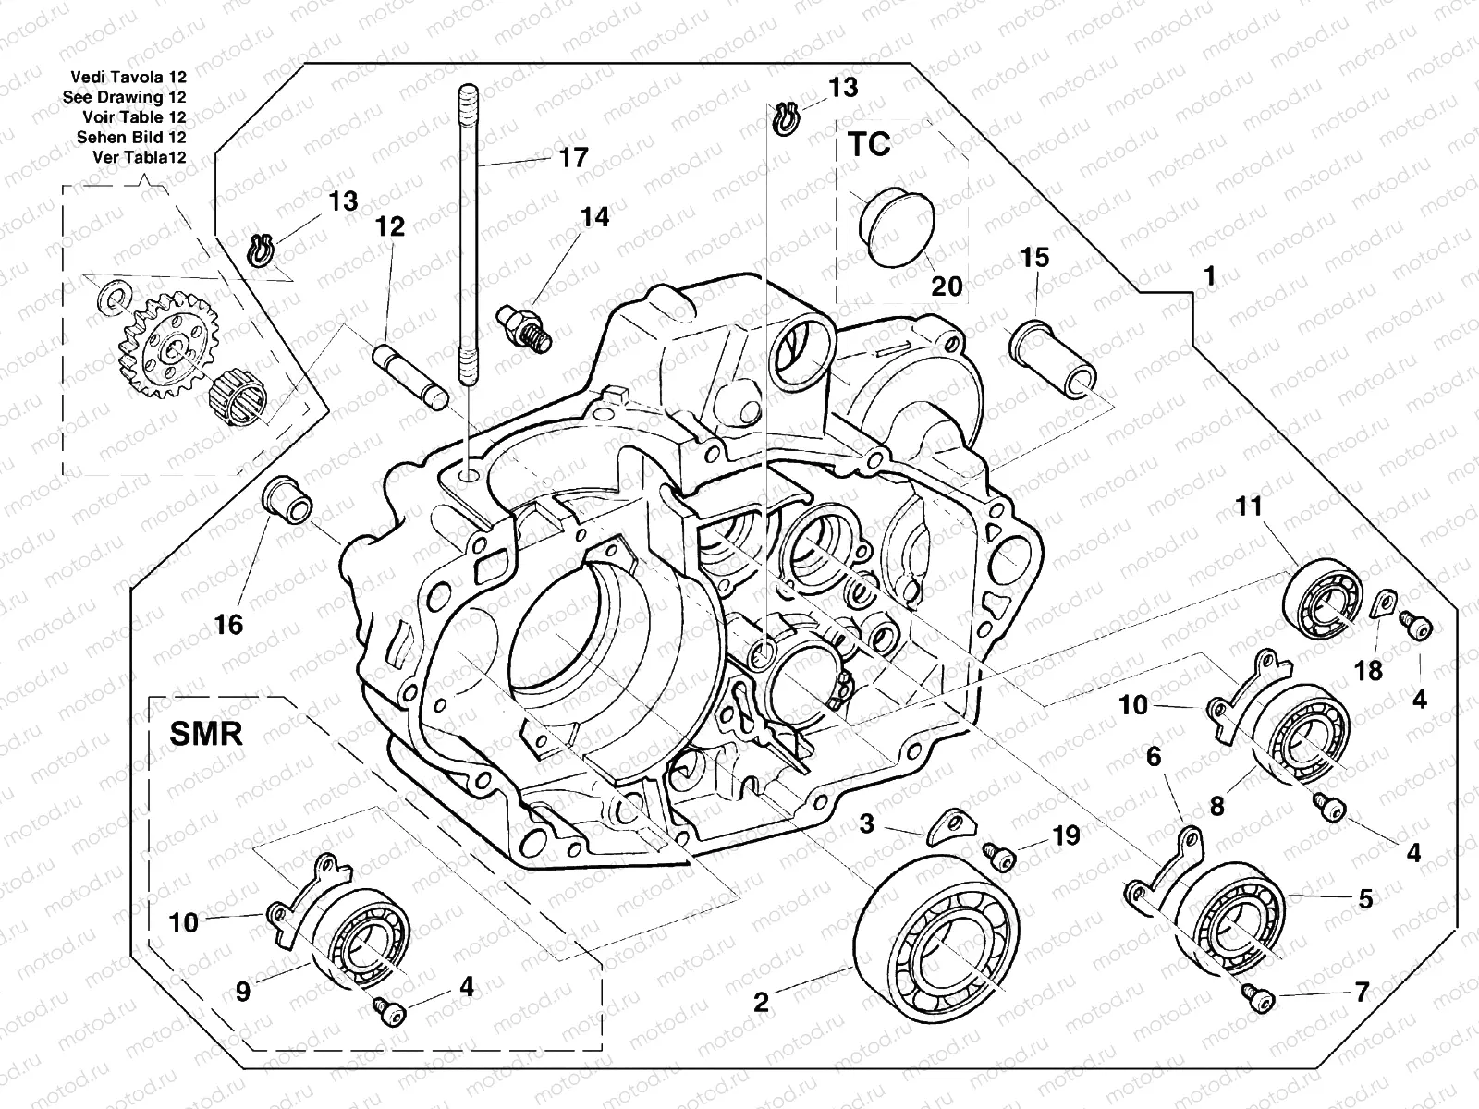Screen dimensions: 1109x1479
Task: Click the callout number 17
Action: point(573,158)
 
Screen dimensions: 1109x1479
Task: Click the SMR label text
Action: point(206,734)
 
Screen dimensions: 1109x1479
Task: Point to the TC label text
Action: point(869,144)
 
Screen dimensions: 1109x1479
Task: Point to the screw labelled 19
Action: point(999,855)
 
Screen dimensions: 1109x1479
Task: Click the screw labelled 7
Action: point(1255,995)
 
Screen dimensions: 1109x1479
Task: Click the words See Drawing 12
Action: point(125,97)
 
